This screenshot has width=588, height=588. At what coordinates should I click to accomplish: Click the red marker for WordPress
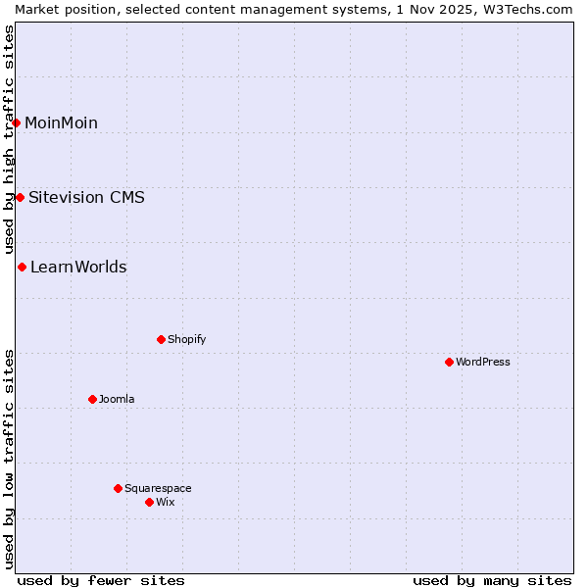pyautogui.click(x=449, y=362)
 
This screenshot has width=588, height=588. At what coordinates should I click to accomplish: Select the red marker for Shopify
pyautogui.click(x=161, y=339)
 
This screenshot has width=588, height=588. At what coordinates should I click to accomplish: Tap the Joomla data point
pyautogui.click(x=92, y=399)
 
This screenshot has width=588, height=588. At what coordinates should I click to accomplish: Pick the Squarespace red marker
pyautogui.click(x=118, y=488)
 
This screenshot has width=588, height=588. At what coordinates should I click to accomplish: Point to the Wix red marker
pyautogui.click(x=149, y=502)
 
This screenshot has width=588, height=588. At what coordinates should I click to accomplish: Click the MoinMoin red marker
pyautogui.click(x=17, y=122)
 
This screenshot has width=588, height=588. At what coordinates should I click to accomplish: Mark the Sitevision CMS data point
pyautogui.click(x=20, y=197)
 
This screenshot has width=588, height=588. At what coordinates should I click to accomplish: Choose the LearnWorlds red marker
pyautogui.click(x=22, y=267)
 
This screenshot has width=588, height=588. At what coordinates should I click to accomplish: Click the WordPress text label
pyautogui.click(x=483, y=362)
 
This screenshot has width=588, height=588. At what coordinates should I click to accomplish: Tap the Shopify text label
pyautogui.click(x=187, y=339)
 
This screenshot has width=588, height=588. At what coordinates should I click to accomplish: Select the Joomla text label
pyautogui.click(x=117, y=399)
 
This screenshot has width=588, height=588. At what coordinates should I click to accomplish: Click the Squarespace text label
pyautogui.click(x=158, y=488)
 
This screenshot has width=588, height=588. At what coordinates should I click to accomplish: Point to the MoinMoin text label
pyautogui.click(x=61, y=122)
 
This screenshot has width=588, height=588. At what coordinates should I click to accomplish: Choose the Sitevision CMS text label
pyautogui.click(x=86, y=197)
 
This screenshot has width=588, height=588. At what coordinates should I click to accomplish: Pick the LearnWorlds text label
pyautogui.click(x=78, y=267)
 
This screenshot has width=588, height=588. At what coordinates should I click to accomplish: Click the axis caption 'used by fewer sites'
pyautogui.click(x=101, y=580)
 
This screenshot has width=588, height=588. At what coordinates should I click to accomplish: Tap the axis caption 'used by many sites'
pyautogui.click(x=492, y=580)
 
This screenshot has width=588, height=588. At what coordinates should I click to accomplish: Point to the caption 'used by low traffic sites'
pyautogui.click(x=9, y=459)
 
